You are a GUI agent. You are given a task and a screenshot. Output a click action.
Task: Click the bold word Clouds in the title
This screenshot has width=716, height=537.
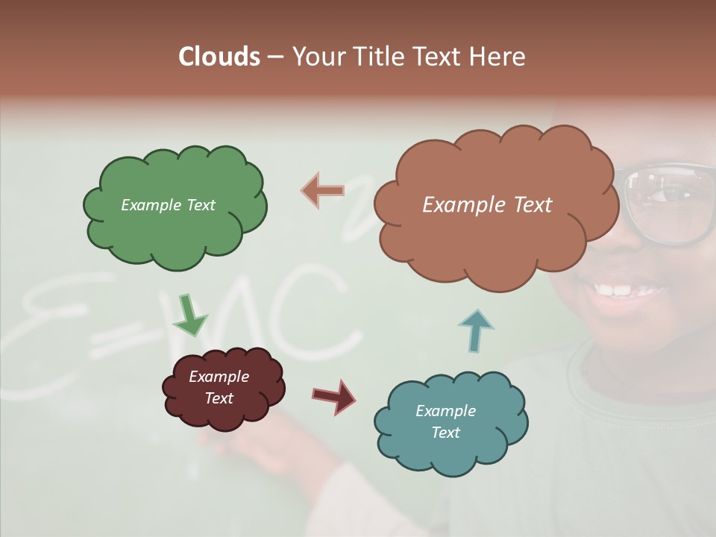click(x=219, y=57)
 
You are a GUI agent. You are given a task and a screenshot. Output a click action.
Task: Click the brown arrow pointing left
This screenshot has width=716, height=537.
click(x=323, y=191)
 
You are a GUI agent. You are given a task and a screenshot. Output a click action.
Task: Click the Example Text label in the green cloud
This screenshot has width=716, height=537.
click(x=168, y=205)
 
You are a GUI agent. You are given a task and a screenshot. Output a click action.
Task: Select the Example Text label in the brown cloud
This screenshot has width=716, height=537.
click(x=487, y=205)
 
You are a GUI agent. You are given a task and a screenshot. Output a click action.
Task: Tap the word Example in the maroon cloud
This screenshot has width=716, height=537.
click(x=219, y=377)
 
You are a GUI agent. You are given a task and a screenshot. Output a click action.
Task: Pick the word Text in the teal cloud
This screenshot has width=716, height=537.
click(x=445, y=433)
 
